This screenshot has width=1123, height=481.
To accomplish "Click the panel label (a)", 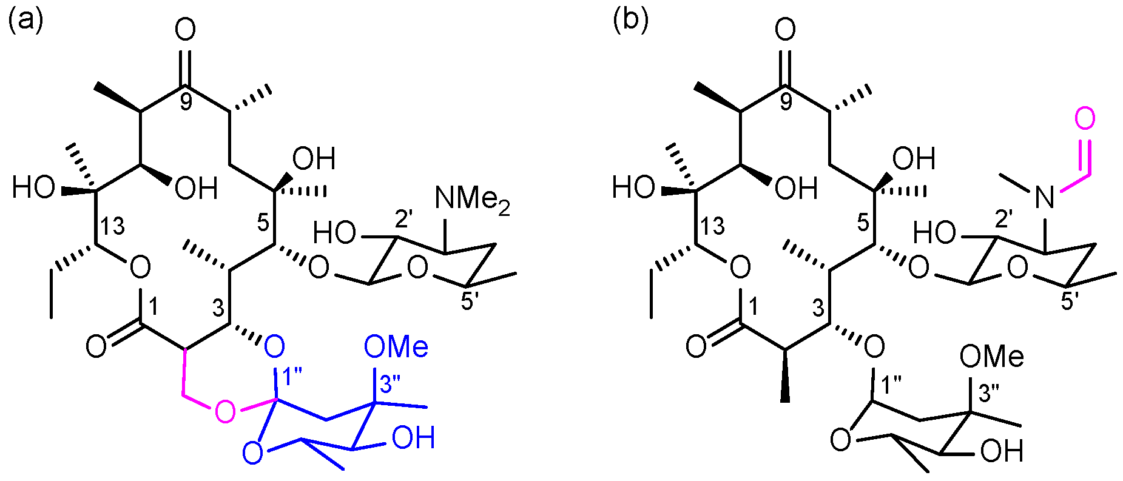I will point(25,21).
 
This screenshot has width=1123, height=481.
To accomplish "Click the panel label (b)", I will point(630,21).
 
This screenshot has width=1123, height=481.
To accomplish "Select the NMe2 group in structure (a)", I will point(472,200).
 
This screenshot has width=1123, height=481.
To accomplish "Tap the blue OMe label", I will point(396,348).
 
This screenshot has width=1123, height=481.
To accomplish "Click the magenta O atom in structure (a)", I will point(224,412).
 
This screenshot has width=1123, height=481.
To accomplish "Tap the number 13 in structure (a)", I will point(112,226).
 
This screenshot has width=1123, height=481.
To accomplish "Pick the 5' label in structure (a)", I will point(470,301).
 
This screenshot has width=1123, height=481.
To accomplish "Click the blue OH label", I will point(413,438).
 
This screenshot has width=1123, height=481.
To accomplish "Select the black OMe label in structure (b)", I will point(991,357).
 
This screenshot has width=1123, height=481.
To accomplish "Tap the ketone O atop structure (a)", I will point(185,29).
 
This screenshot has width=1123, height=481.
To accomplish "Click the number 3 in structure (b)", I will point(818,308).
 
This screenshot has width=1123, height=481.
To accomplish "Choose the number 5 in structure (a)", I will point(263,223).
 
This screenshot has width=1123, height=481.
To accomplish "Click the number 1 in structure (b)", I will point(753,308).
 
